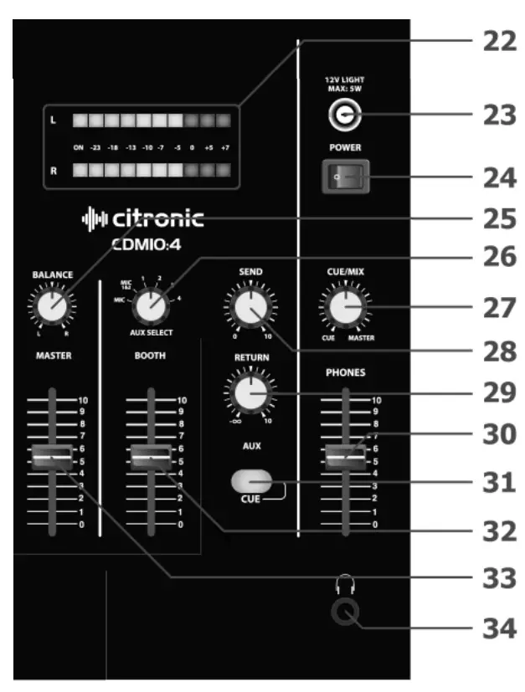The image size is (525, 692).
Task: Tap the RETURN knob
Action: click(x=248, y=391)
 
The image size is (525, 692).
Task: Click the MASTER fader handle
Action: click(x=52, y=457)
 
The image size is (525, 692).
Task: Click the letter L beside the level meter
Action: click(x=54, y=120)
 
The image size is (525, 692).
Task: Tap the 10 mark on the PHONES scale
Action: click(x=376, y=401)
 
